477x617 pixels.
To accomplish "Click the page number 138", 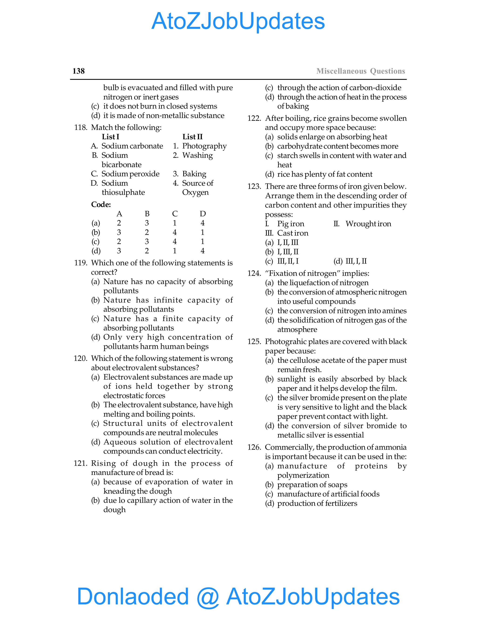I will click(x=78, y=71).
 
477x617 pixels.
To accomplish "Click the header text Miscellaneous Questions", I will click(x=361, y=71).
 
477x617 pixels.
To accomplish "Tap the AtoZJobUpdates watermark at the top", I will click(x=238, y=21).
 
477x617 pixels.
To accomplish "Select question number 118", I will click(x=80, y=127).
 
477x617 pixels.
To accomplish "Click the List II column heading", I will click(x=192, y=137).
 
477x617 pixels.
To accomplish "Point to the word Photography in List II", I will click(x=204, y=146).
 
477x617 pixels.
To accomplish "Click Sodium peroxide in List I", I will click(x=130, y=174).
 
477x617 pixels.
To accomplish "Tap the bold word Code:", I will click(x=101, y=204).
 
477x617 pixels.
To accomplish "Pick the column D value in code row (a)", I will click(x=202, y=223).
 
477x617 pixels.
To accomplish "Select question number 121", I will click(x=80, y=463).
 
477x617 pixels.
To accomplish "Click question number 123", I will click(x=254, y=186).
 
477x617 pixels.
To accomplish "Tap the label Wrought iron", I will click(x=368, y=224).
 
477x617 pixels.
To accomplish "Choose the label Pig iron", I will click(x=290, y=224).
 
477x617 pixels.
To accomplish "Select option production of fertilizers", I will click(x=317, y=503).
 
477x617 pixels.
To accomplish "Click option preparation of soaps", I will click(x=312, y=485).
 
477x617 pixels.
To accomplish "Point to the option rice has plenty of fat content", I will click(x=324, y=174).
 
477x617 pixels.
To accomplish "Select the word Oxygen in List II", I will click(x=195, y=192).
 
